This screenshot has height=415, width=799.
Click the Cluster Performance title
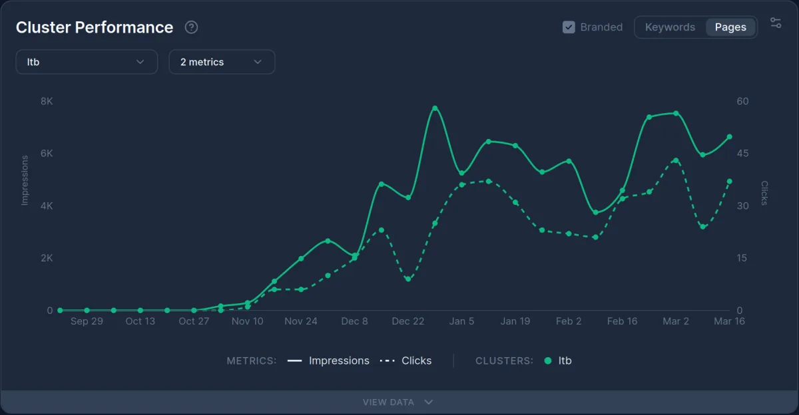point(95,27)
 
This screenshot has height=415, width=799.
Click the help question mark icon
point(192,27)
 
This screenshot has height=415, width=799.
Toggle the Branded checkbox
point(569,27)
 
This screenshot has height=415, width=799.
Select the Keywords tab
point(670,27)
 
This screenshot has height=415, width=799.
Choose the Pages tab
point(730,27)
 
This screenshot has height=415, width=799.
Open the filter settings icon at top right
point(776,23)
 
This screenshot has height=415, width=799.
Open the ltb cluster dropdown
point(87,62)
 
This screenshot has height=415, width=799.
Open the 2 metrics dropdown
point(222,62)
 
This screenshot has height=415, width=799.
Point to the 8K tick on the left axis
point(47,101)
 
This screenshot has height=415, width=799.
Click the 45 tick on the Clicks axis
point(742,154)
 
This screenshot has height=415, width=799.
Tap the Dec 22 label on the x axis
point(408,321)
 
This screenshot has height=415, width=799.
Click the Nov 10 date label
point(248,321)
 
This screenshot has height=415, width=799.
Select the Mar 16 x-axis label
point(729,321)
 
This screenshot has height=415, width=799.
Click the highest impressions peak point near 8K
point(435,108)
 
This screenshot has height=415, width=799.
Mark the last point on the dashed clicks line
point(729,182)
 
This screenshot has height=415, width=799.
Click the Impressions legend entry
point(329,361)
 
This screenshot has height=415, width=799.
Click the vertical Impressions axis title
point(25,180)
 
